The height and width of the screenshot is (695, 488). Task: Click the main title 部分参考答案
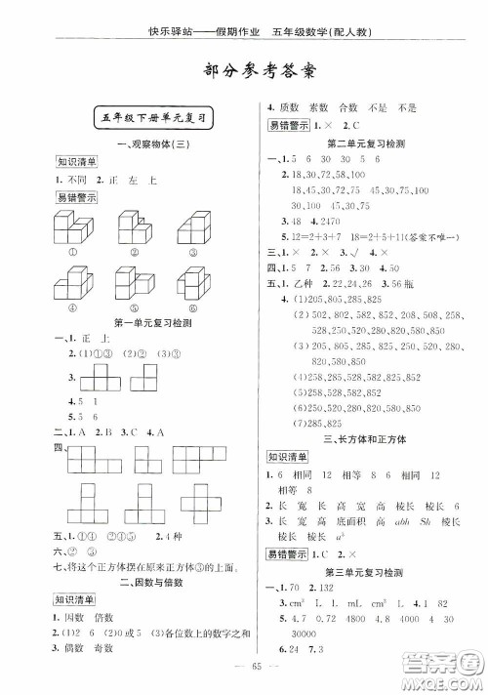[x=245, y=70]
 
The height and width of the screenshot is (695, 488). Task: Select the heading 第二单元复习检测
[x=366, y=143]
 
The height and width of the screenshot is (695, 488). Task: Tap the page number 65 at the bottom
[x=245, y=675]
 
